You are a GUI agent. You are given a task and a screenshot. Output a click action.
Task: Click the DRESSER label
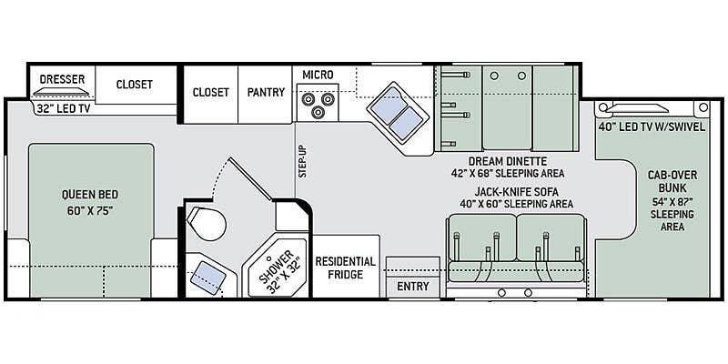(62, 79)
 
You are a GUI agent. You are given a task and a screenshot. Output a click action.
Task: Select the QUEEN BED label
(90, 194)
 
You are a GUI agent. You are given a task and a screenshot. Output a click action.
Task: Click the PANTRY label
(266, 92)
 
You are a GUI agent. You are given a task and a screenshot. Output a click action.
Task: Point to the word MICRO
(318, 75)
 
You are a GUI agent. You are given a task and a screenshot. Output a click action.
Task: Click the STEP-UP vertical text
(303, 161)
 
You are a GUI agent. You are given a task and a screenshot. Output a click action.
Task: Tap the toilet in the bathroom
(207, 224)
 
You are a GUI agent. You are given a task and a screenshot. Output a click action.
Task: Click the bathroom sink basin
(208, 278)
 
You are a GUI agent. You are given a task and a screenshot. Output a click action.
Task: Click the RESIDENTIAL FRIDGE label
(346, 268)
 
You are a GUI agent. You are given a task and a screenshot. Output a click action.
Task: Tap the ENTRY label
(413, 286)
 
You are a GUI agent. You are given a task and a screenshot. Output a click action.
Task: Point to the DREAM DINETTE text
(508, 161)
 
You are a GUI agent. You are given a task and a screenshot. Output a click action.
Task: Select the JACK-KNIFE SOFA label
(516, 191)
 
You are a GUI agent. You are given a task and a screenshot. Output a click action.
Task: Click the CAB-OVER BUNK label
(672, 181)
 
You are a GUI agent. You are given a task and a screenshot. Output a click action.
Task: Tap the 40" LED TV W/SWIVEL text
(652, 126)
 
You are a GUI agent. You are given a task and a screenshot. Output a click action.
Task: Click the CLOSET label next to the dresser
(134, 84)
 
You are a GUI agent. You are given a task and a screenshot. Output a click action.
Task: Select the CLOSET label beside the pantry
(211, 92)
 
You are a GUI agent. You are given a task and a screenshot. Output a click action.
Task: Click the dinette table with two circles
(507, 107)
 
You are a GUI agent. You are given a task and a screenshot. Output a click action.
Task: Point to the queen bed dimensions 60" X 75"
(90, 210)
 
